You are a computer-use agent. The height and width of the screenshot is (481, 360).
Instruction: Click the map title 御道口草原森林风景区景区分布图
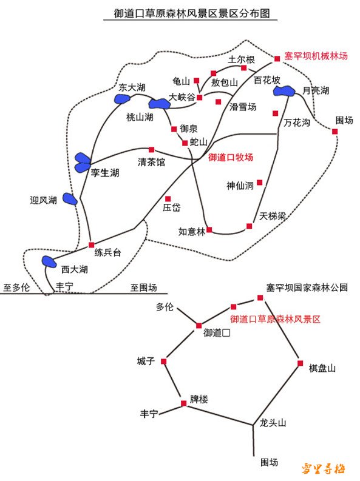pyautogui.click(x=191, y=13)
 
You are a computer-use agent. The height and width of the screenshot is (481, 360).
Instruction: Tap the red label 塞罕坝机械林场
pyautogui.click(x=316, y=56)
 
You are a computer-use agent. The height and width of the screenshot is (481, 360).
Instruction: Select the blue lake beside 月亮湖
pyautogui.click(x=284, y=91)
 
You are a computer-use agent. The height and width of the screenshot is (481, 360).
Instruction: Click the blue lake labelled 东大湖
pyautogui.click(x=122, y=99)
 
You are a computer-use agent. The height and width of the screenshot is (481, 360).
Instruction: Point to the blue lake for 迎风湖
pyautogui.click(x=70, y=199)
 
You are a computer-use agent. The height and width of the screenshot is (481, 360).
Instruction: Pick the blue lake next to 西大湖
pyautogui.click(x=49, y=261)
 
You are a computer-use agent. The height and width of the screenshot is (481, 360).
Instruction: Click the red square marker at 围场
pyautogui.click(x=335, y=131)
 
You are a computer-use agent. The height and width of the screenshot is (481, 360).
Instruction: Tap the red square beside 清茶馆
pyautogui.click(x=151, y=150)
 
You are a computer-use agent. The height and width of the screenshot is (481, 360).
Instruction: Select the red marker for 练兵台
pyautogui.click(x=91, y=245)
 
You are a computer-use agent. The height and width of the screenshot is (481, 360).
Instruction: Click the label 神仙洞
pyautogui.click(x=240, y=186)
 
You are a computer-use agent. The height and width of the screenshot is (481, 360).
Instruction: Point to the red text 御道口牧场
pyautogui.click(x=231, y=157)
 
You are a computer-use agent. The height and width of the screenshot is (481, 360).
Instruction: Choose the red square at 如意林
pyautogui.click(x=209, y=229)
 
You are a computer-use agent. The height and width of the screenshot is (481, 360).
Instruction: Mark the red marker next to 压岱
pyautogui.click(x=168, y=199)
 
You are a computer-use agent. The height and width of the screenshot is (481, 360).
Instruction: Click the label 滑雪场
pyautogui.click(x=243, y=107)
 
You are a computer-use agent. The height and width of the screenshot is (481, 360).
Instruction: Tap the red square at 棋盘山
pyautogui.click(x=300, y=363)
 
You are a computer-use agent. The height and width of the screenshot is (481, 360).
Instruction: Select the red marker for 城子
pyautogui.click(x=163, y=362)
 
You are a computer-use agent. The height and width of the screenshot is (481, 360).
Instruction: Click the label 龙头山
pyautogui.click(x=273, y=423)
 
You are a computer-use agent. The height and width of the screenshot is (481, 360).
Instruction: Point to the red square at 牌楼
pyautogui.click(x=183, y=403)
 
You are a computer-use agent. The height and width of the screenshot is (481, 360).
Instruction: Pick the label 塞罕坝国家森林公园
pyautogui.click(x=307, y=288)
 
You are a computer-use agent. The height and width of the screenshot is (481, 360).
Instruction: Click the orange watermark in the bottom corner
pyautogui.click(x=323, y=468)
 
